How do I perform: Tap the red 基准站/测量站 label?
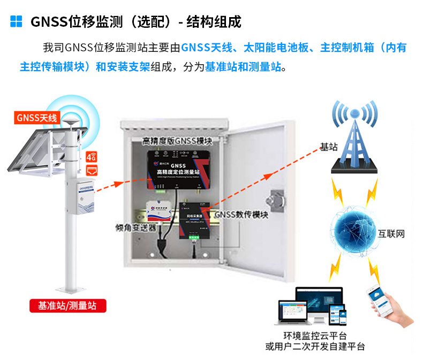click(x=67, y=306)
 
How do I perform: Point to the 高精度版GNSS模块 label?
click(x=177, y=141)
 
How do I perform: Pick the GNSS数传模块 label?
click(x=241, y=215)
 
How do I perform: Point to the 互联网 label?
click(x=391, y=234)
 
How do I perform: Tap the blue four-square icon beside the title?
click(x=17, y=21)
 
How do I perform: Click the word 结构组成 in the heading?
click(x=214, y=21)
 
